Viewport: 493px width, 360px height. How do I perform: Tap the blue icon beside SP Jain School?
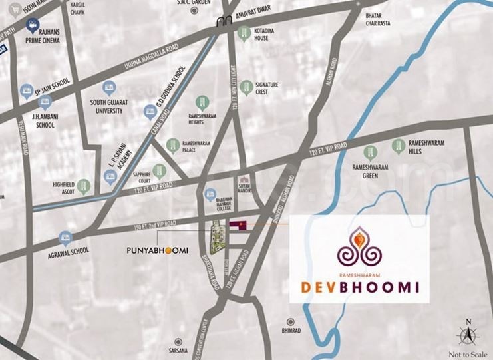[x=27, y=89]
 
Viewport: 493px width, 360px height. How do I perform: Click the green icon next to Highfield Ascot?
[x=83, y=185]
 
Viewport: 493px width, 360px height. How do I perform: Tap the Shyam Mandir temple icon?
[x=244, y=180]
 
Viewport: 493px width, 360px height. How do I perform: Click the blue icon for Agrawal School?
[x=65, y=236]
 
